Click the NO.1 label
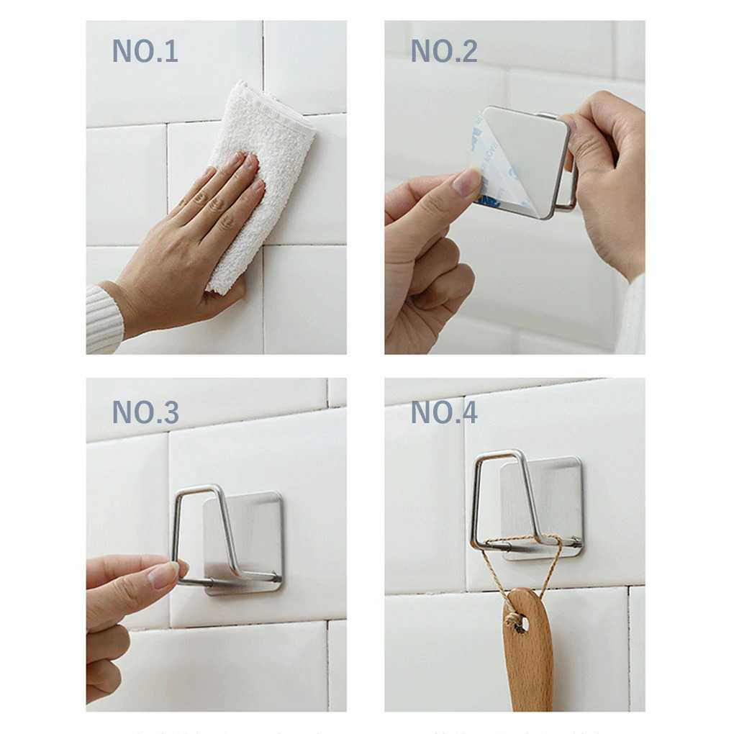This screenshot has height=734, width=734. click(x=145, y=52)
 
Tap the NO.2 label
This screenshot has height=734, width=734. click(x=443, y=52)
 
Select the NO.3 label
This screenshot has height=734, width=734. click(x=145, y=412)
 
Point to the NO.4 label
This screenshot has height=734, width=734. click(x=443, y=412)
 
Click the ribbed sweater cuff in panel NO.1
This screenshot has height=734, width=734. click(x=102, y=320)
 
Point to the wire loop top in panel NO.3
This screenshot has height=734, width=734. click(x=198, y=489)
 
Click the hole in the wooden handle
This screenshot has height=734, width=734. click(x=520, y=622)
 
